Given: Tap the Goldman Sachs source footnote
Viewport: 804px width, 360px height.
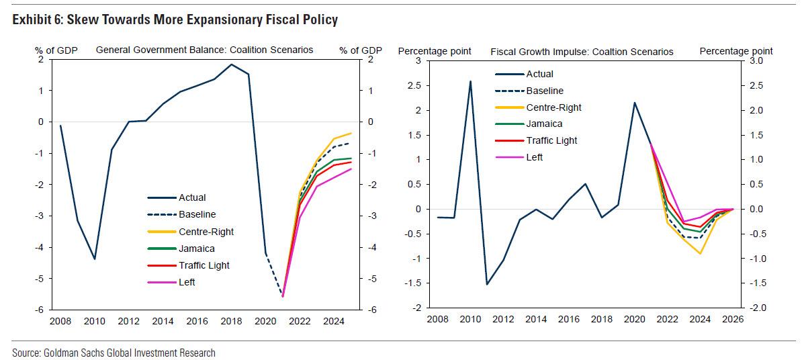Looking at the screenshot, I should tap(114, 352).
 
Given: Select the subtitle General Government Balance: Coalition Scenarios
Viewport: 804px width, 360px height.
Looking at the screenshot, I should tap(204, 50).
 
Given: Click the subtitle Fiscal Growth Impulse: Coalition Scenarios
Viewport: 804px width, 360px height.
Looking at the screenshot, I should tap(582, 51).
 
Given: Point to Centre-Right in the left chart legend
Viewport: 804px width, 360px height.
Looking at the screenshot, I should tap(206, 232).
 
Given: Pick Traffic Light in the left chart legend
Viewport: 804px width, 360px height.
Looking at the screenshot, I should tap(204, 265).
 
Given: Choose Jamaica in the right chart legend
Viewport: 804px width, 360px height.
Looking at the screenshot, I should tap(544, 124).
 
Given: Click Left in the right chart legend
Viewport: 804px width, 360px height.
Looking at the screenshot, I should tap(535, 157).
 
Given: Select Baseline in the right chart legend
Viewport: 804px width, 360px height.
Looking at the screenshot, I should tap(545, 91).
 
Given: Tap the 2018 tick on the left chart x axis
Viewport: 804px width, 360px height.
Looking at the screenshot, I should tap(232, 322).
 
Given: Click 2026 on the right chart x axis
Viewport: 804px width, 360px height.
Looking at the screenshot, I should tap(733, 319).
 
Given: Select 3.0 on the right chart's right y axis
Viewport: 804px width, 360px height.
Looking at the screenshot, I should tap(756, 61).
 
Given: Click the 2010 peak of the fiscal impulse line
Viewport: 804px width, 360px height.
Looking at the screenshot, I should tap(470, 81).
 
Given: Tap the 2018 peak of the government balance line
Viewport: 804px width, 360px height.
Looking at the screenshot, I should tap(232, 64).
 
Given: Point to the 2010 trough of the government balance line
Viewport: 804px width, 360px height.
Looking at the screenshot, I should tap(95, 259).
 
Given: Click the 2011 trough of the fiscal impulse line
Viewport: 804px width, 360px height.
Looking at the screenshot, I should tap(487, 284).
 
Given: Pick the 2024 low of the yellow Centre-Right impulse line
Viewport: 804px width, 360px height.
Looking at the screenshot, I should tap(701, 253).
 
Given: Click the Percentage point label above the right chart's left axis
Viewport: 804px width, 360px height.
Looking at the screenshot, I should tap(435, 51).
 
